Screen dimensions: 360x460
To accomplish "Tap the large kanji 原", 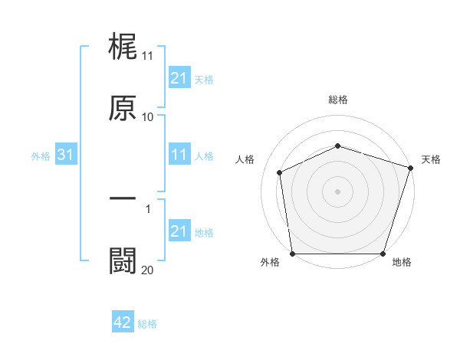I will coord(123,108).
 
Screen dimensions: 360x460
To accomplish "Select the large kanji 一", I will coord(123,198).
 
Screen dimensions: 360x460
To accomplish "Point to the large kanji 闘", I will coord(123,260).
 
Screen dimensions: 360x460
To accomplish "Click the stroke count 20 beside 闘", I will coord(147,270).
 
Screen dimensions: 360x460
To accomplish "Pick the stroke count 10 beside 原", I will coord(147,117).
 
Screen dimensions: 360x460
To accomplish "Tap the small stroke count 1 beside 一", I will coord(148,208).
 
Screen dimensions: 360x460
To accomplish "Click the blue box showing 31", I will coord(66,155).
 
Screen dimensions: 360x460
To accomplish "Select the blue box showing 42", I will coord(123,323).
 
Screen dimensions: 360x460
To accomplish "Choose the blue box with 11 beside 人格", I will coord(179,155).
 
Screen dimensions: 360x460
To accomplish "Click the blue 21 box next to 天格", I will coord(179,78).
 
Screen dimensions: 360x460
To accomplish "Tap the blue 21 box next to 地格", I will coord(179,231).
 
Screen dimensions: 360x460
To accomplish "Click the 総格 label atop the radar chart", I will coord(338,100).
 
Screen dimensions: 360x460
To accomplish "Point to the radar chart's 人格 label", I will coord(245,159).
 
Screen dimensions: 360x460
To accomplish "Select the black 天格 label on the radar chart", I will coord(431,159).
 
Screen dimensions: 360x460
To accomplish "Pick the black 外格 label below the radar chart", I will coord(270,263).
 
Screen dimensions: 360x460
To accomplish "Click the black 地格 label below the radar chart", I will coord(402,263).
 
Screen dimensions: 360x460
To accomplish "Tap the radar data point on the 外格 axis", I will coord(292,254).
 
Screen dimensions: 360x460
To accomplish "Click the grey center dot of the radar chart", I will coord(337,191).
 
